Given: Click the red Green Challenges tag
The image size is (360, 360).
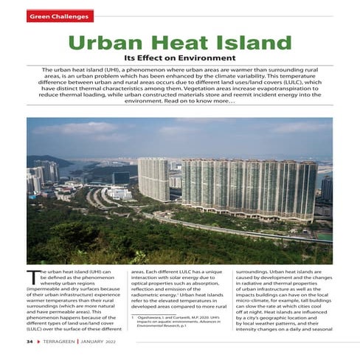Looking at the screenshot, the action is [60, 15].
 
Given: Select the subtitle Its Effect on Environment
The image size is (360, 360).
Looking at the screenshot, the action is [180, 58].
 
